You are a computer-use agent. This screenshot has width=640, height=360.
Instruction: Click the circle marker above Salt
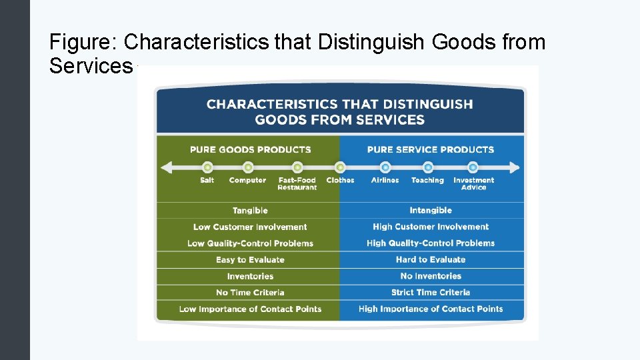tap(207, 167)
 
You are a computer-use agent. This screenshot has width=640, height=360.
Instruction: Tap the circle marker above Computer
tap(248, 167)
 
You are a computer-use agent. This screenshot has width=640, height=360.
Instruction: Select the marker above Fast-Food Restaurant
tap(297, 167)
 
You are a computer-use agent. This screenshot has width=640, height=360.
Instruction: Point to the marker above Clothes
tap(340, 167)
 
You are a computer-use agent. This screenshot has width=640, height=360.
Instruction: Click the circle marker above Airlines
tap(385, 167)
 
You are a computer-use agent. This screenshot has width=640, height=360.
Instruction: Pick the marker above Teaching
tap(428, 167)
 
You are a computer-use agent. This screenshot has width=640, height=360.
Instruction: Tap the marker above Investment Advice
tap(473, 167)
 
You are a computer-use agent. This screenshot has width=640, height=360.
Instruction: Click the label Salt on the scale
tap(207, 180)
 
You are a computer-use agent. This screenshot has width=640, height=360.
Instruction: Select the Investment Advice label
tap(473, 183)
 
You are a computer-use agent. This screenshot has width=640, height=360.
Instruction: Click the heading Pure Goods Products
tap(250, 149)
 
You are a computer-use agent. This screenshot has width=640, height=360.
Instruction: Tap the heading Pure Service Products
tap(431, 149)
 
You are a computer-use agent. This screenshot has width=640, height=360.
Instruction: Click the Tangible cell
tap(250, 211)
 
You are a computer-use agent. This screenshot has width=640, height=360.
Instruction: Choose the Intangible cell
tap(431, 211)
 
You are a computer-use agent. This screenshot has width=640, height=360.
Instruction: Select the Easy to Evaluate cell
tap(250, 260)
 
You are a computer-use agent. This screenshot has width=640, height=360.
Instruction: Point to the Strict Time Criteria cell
tap(431, 293)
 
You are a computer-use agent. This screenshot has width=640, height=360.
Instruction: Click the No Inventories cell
tap(431, 276)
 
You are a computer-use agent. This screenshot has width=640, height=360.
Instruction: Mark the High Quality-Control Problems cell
tap(431, 243)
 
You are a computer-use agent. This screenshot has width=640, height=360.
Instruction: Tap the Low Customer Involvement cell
tap(250, 227)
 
